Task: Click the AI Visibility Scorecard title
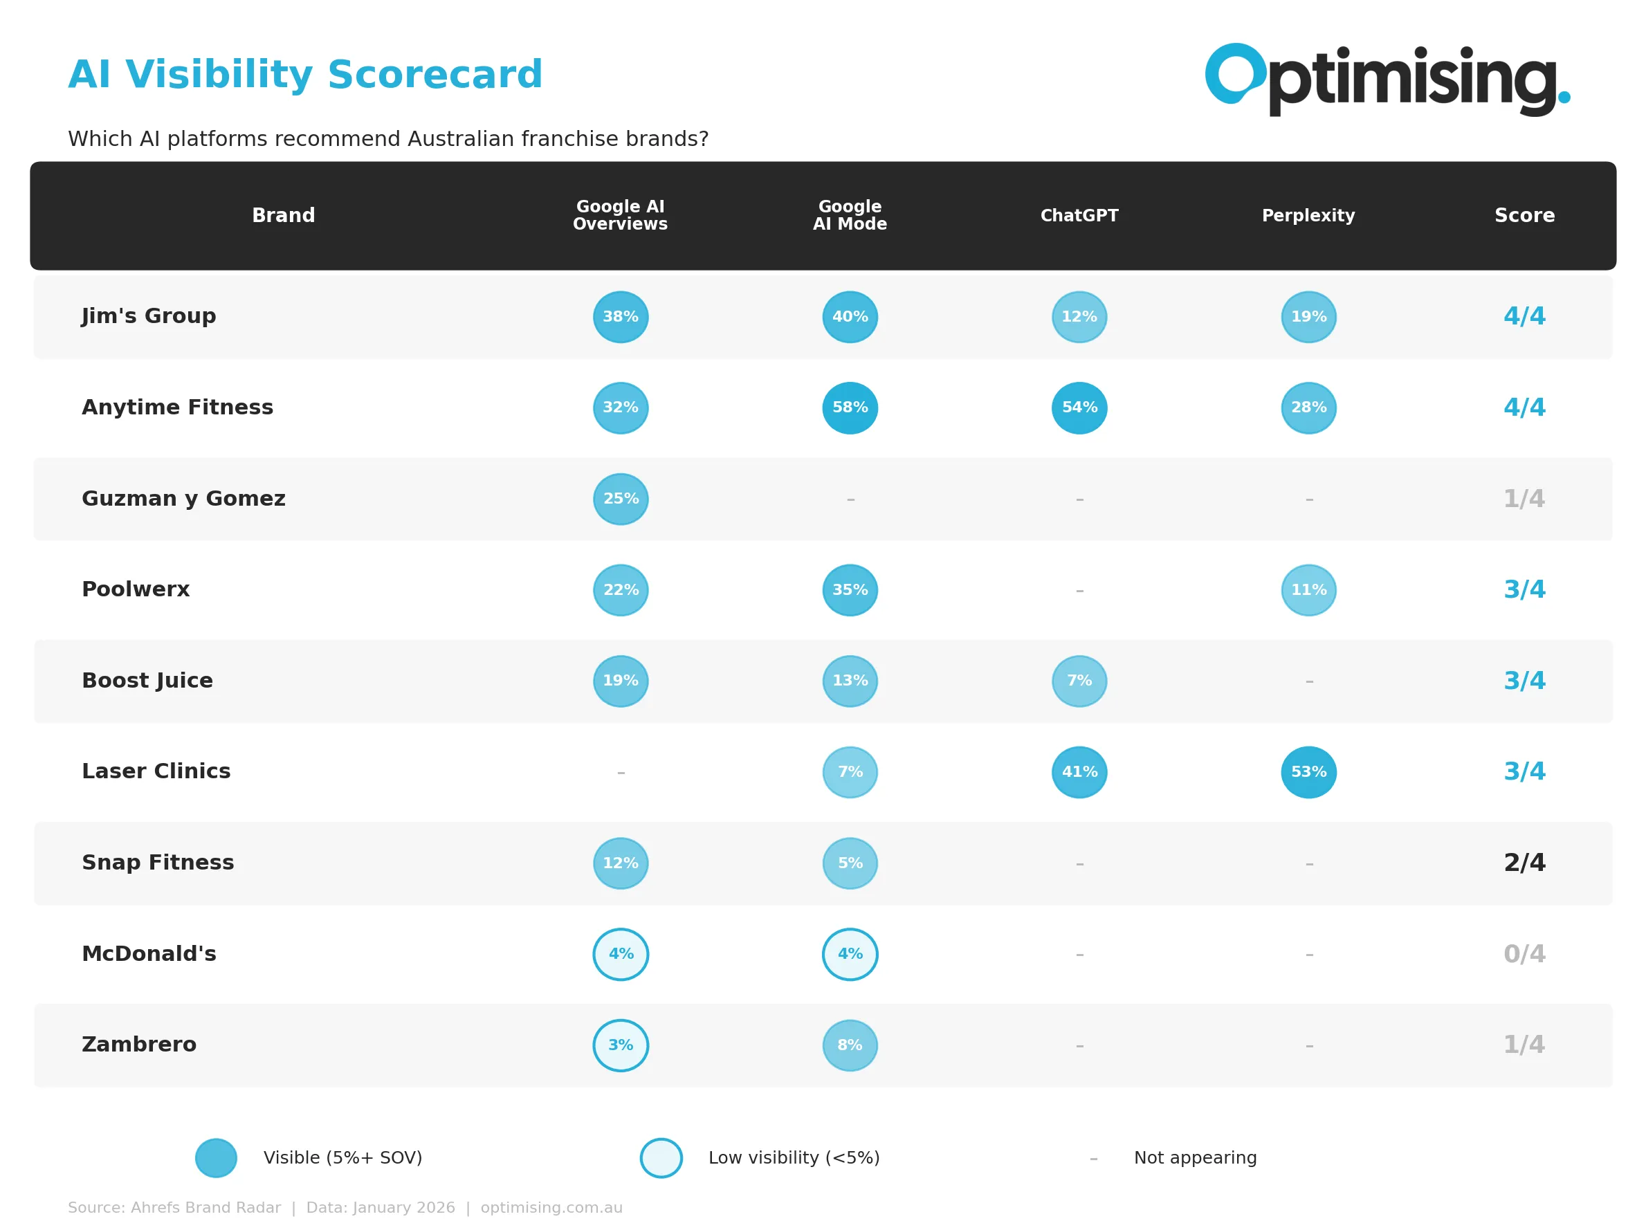click(x=305, y=75)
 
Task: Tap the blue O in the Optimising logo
click(x=1234, y=73)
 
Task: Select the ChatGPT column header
click(x=1079, y=216)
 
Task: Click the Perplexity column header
click(x=1308, y=216)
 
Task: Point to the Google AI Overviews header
click(x=620, y=215)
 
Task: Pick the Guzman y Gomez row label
click(x=183, y=499)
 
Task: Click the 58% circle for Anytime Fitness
click(x=850, y=407)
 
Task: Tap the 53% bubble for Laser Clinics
click(x=1308, y=772)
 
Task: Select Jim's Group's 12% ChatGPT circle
click(x=1079, y=317)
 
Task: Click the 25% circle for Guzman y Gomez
click(x=621, y=499)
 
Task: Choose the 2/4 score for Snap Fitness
click(x=1524, y=863)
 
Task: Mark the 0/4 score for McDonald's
click(x=1524, y=954)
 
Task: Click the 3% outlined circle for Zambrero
click(x=621, y=1045)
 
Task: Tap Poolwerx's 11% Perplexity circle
click(x=1308, y=590)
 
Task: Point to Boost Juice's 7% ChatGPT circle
click(x=1079, y=681)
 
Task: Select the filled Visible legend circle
click(x=216, y=1158)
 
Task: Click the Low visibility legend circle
click(x=661, y=1158)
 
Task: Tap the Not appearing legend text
click(x=1195, y=1158)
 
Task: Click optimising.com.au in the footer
click(x=551, y=1208)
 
